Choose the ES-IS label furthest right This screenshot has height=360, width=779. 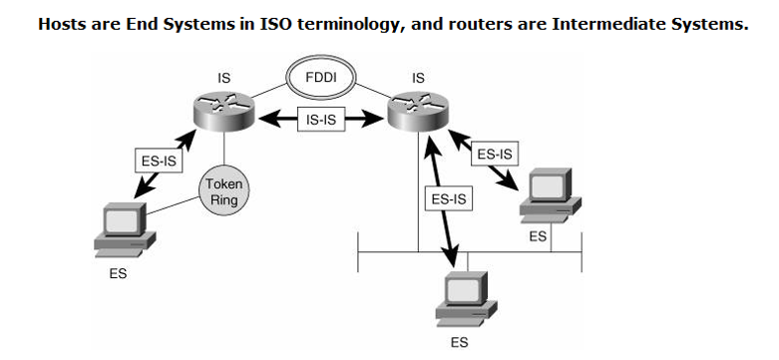click(495, 155)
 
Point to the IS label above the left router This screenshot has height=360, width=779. click(223, 76)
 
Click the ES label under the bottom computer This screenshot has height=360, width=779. click(458, 342)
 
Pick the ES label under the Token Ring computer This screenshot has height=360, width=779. click(118, 273)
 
